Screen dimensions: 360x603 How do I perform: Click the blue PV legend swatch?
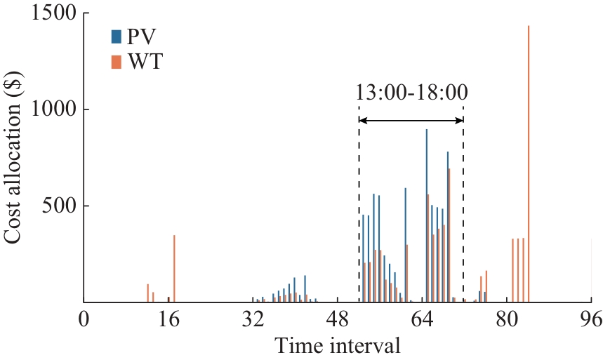[115, 36]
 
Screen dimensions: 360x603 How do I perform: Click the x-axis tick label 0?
[84, 319]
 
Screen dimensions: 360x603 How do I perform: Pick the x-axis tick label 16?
[168, 319]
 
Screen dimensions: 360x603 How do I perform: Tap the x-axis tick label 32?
[253, 319]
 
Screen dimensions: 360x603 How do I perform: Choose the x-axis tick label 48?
[338, 319]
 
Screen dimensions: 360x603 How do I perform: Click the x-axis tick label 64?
[423, 319]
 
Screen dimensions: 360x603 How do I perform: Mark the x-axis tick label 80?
[507, 319]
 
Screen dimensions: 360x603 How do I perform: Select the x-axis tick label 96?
[591, 319]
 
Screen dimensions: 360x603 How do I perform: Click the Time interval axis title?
[338, 346]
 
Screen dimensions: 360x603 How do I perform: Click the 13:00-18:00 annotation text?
[411, 92]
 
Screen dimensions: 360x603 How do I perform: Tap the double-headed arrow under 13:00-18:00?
[411, 121]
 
